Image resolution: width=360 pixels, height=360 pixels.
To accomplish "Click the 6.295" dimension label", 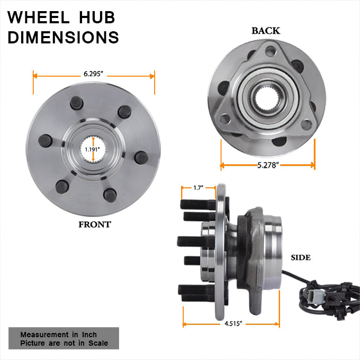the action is pyautogui.click(x=93, y=74).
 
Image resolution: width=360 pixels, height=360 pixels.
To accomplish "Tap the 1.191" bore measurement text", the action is pyautogui.click(x=92, y=149).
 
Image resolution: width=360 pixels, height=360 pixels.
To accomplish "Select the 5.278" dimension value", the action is pyautogui.click(x=268, y=165).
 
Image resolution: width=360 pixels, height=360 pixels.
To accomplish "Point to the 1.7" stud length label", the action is pyautogui.click(x=199, y=188).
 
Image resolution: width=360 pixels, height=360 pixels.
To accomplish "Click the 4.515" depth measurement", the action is pyautogui.click(x=233, y=323).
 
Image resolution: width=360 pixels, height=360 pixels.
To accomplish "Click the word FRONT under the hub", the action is pyautogui.click(x=95, y=224).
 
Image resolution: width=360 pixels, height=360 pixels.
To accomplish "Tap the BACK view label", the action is pyautogui.click(x=266, y=31).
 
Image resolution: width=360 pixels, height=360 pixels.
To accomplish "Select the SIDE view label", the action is pyautogui.click(x=301, y=258).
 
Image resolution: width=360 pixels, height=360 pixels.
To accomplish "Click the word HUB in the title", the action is pyautogui.click(x=97, y=17).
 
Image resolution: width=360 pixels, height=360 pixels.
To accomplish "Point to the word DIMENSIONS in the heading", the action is pyautogui.click(x=63, y=37).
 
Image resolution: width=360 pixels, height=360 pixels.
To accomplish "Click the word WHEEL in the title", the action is pyautogui.click(x=39, y=17).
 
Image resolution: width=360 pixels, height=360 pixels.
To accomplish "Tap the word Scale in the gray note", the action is pyautogui.click(x=98, y=343).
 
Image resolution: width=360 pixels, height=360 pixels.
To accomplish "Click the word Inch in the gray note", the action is pyautogui.click(x=89, y=335).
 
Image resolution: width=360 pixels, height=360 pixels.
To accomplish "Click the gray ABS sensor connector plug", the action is pyautogui.click(x=314, y=298).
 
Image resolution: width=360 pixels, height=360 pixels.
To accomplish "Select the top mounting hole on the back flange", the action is pyautogui.click(x=270, y=51).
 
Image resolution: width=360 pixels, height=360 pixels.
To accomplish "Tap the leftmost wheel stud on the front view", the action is pyautogui.click(x=45, y=141).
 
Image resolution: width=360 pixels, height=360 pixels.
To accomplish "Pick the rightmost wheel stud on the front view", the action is pyautogui.click(x=141, y=158).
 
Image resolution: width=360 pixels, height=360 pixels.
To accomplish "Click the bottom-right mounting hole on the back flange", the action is pyautogui.click(x=307, y=124).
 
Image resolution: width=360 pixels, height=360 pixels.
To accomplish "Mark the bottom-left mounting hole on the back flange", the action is pyautogui.click(x=225, y=119).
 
